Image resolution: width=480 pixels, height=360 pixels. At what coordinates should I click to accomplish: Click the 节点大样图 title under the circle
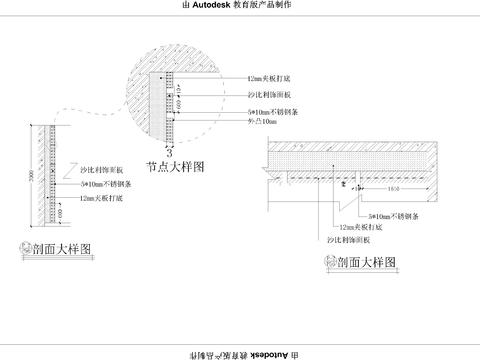[x=174, y=169]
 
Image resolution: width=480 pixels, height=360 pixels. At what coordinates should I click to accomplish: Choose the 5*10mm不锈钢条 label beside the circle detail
[x=271, y=110]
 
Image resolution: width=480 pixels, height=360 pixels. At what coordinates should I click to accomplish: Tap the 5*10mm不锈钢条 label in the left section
[x=106, y=185]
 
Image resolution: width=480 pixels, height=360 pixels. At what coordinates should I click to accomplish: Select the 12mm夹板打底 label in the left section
[x=104, y=198]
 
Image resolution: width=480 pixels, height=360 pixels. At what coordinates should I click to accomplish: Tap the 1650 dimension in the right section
[x=393, y=187]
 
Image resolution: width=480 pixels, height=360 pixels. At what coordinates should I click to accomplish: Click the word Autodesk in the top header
[x=214, y=6]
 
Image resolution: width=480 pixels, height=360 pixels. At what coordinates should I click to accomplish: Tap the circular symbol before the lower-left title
[x=24, y=248]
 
